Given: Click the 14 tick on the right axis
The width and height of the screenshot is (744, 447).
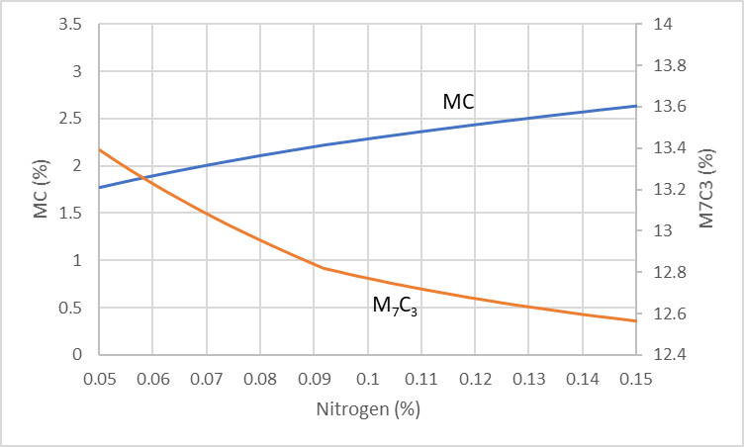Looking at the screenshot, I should pyautogui.click(x=658, y=24).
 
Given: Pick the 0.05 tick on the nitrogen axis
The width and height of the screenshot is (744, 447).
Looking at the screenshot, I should pyautogui.click(x=99, y=379).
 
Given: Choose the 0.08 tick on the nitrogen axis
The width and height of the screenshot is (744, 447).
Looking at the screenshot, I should pyautogui.click(x=259, y=379).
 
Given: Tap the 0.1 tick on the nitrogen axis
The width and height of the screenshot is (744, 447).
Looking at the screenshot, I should pyautogui.click(x=367, y=379).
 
